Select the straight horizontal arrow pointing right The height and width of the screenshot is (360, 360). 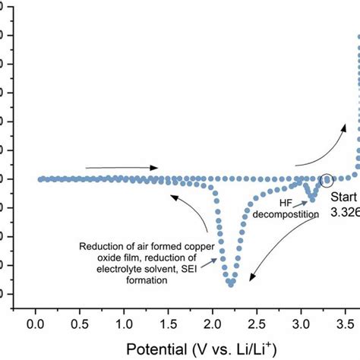point(122,167)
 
